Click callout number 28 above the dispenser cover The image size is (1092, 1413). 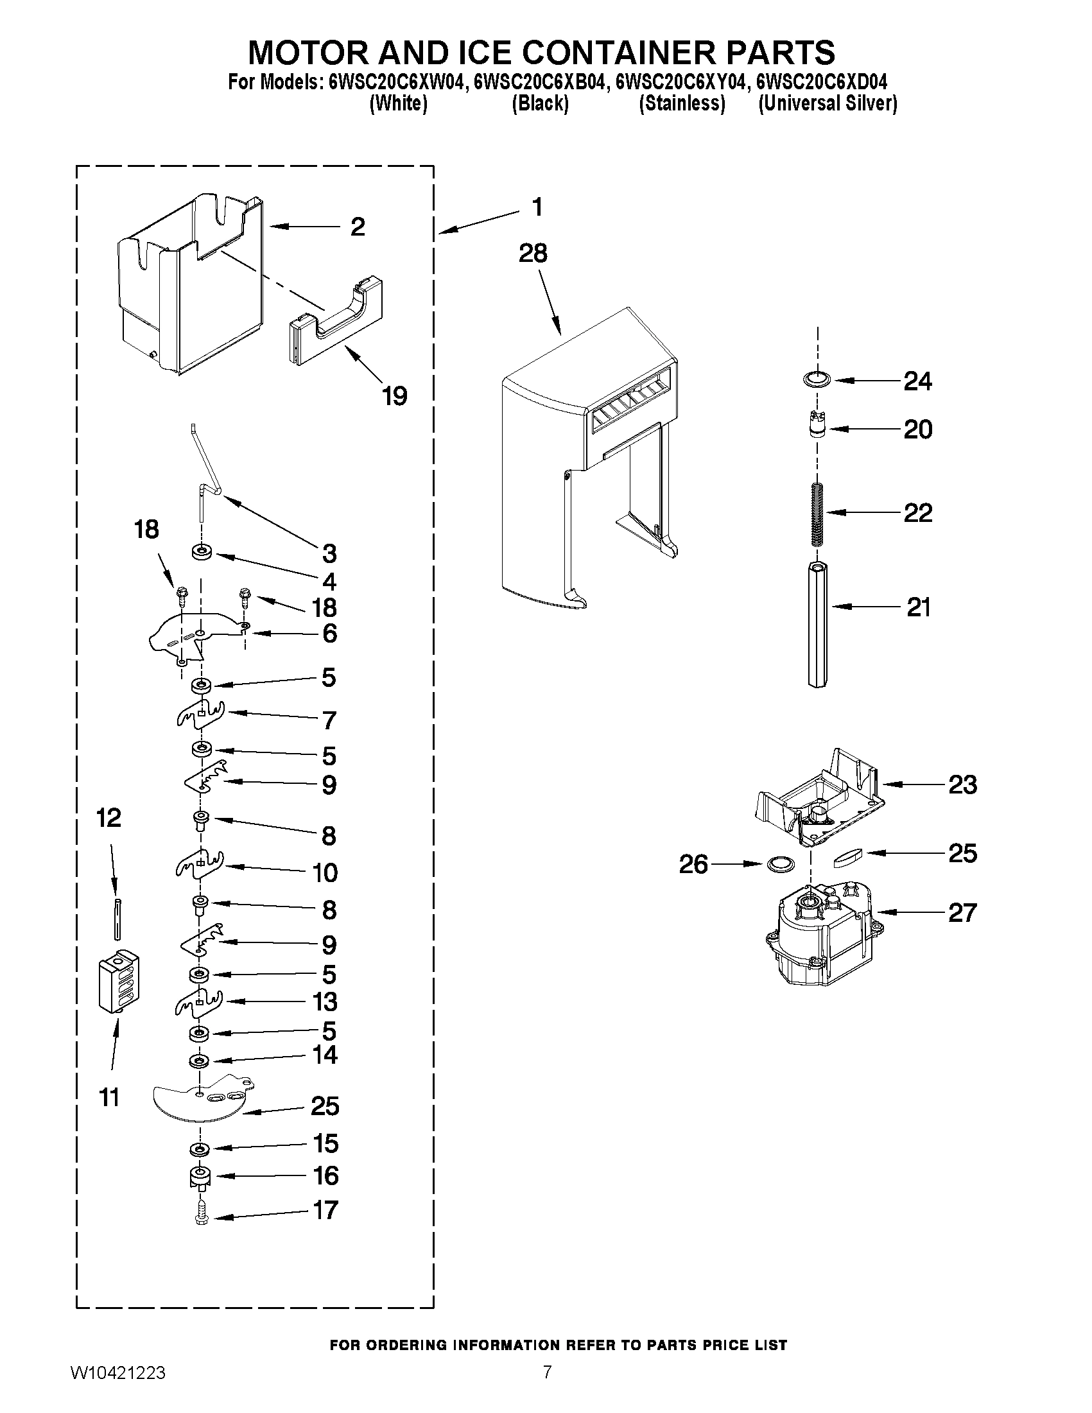[x=532, y=254]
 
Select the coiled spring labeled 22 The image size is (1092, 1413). [x=818, y=514]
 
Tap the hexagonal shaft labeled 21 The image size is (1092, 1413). [x=819, y=625]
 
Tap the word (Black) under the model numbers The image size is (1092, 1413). [x=540, y=103]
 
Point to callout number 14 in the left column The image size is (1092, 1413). [x=325, y=1055]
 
